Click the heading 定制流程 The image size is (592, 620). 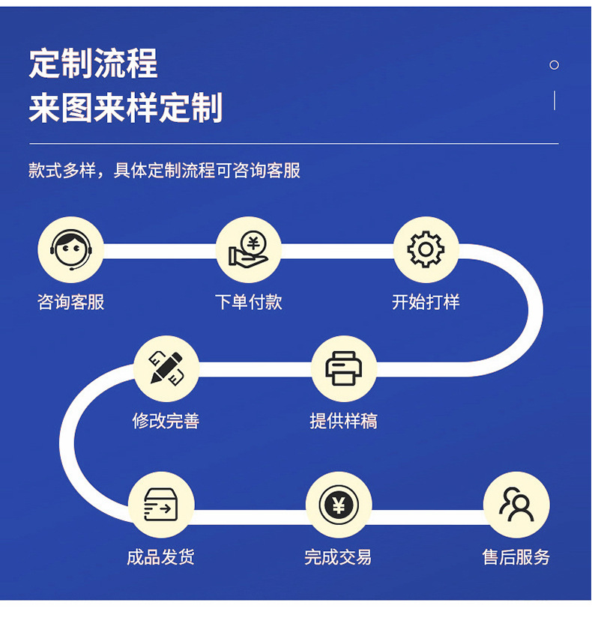(94, 64)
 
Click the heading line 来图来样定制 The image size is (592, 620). (126, 109)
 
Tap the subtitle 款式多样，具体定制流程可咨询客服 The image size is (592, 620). (164, 171)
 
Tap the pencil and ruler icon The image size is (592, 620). (166, 368)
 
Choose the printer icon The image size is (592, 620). (343, 368)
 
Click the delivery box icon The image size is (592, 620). (160, 505)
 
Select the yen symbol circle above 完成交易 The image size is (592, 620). (338, 505)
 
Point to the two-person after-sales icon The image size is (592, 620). (516, 505)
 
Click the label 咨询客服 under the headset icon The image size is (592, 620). (70, 303)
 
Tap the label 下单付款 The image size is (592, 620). (248, 303)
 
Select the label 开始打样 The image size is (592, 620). (426, 303)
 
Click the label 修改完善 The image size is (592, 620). (166, 421)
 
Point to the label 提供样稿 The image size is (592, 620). (343, 421)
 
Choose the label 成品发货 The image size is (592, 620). (160, 557)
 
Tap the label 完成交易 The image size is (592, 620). (338, 557)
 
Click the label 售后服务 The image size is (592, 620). (516, 557)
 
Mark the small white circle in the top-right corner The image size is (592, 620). (555, 65)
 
